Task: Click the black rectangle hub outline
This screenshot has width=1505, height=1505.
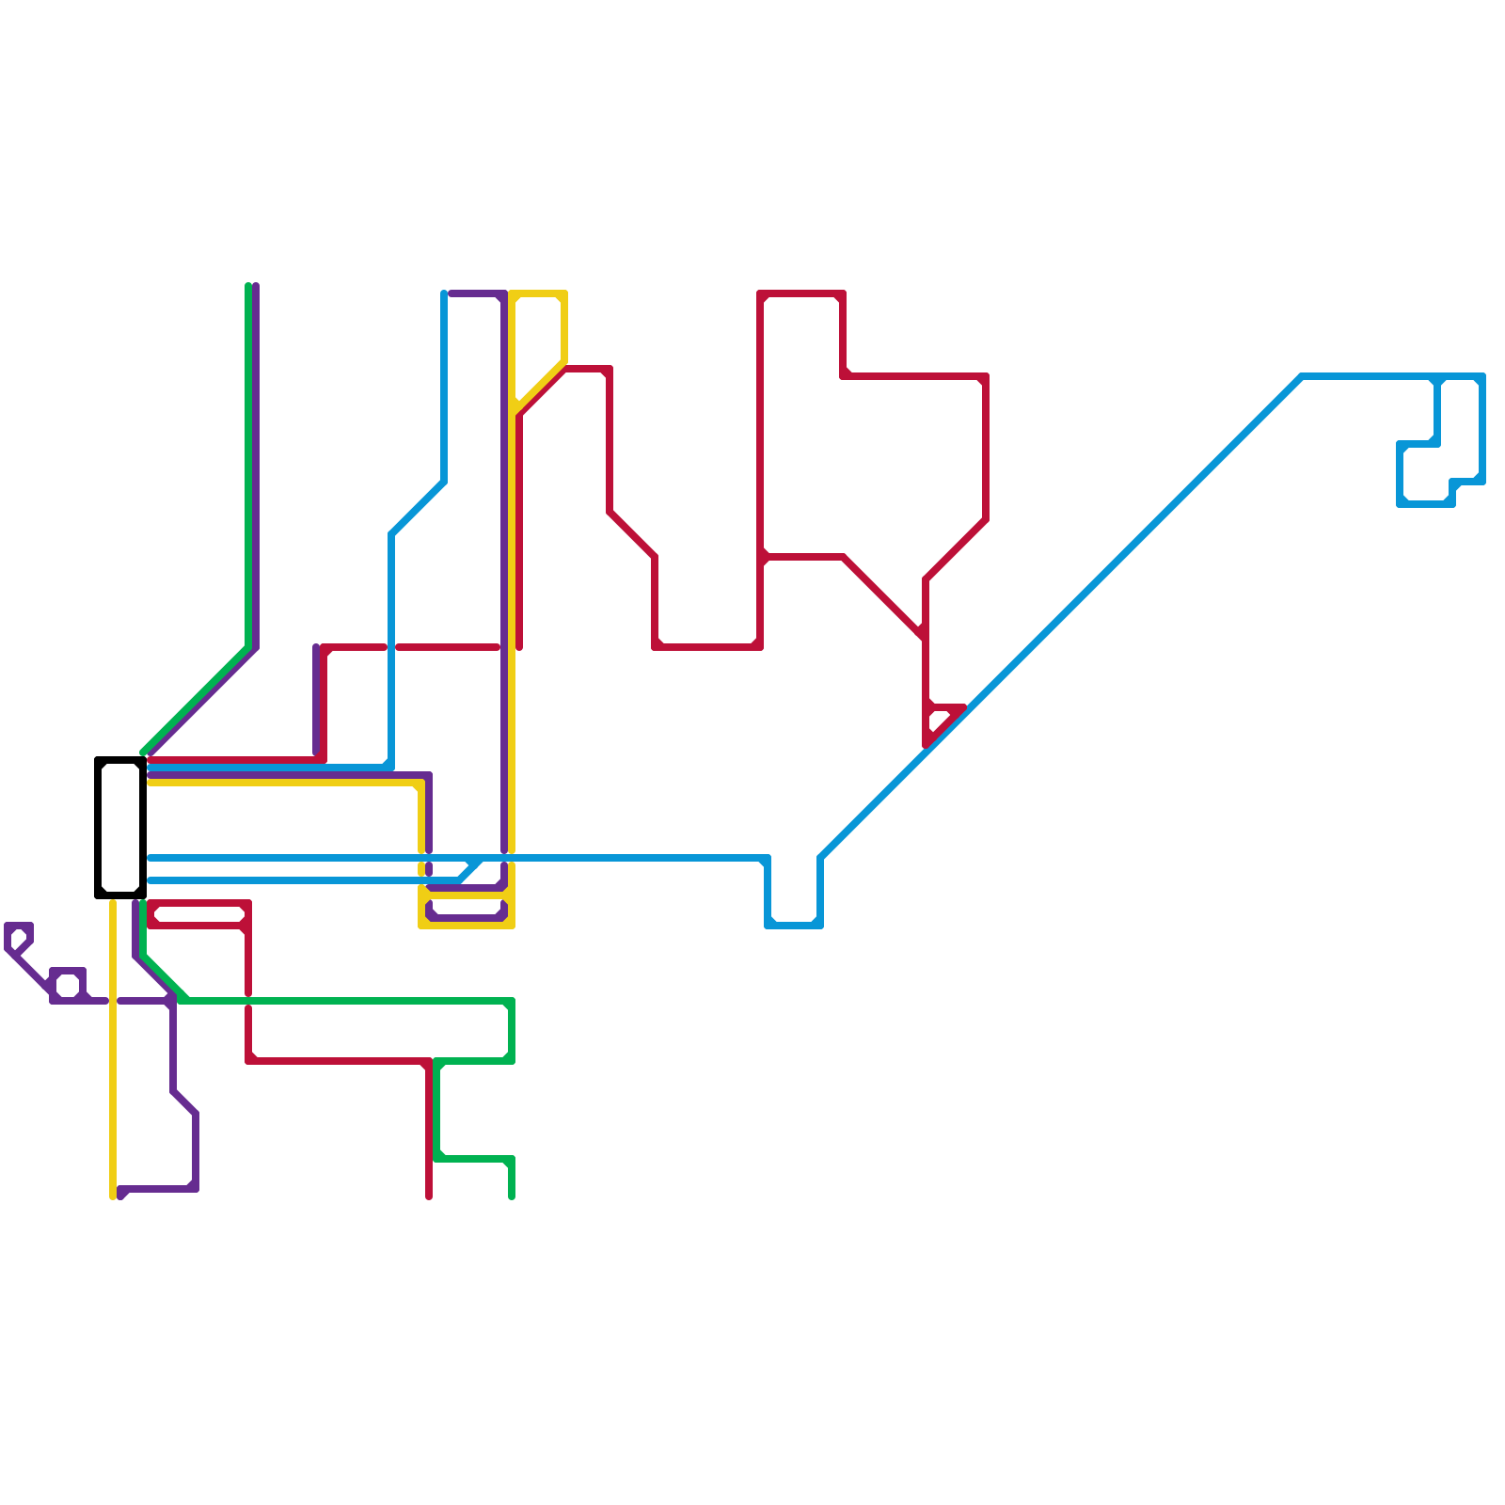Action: coord(98,828)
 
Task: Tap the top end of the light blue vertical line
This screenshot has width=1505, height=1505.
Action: coord(444,295)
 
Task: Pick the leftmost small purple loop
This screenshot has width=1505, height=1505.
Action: coord(19,937)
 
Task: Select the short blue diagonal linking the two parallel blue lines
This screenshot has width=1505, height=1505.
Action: coord(470,869)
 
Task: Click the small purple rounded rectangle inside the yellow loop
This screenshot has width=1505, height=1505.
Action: coord(467,911)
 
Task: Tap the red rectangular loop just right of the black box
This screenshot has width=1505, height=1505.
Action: coord(198,914)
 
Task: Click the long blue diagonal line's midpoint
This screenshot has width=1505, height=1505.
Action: coord(1061,617)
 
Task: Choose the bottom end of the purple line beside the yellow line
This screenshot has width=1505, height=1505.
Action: coord(121,1195)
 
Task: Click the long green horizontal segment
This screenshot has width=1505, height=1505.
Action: coord(348,1000)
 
